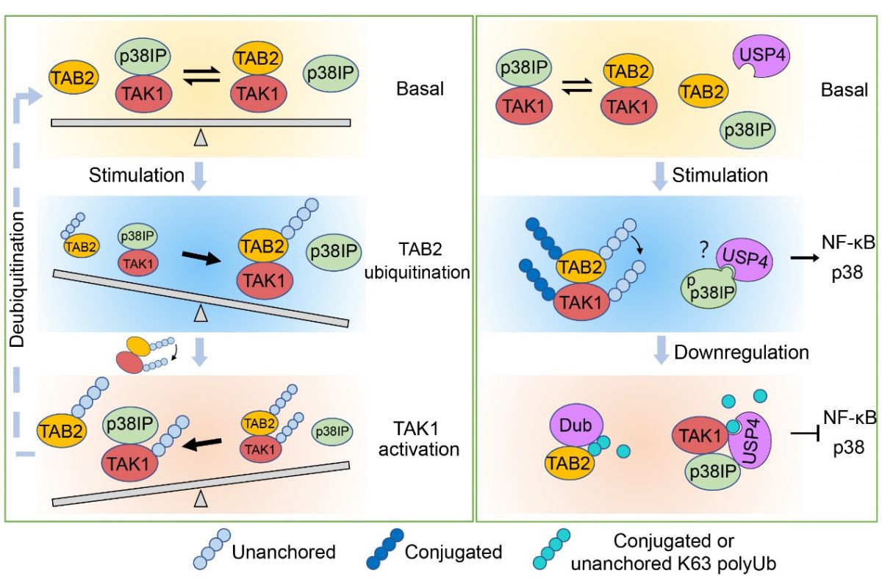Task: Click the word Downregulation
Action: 741,353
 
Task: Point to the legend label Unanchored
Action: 283,551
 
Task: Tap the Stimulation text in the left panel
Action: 137,176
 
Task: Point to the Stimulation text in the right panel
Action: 720,176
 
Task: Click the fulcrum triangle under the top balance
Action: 201,136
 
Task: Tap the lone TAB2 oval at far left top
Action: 73,76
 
